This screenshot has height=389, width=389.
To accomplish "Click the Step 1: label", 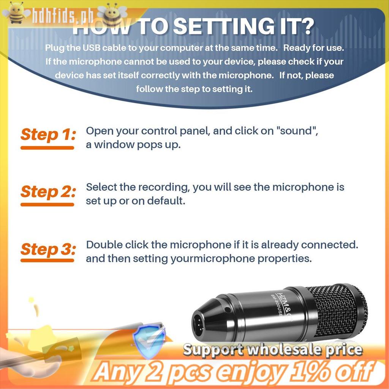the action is [x=48, y=135].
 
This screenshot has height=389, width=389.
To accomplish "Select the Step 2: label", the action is [x=48, y=192].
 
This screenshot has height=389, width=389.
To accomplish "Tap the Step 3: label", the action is [x=48, y=249].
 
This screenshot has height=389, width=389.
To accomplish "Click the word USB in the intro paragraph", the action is [x=92, y=47].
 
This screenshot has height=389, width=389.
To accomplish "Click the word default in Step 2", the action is [x=166, y=201].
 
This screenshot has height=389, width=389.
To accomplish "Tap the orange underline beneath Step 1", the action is [x=47, y=148].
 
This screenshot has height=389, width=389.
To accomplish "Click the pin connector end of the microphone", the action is [x=198, y=325].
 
